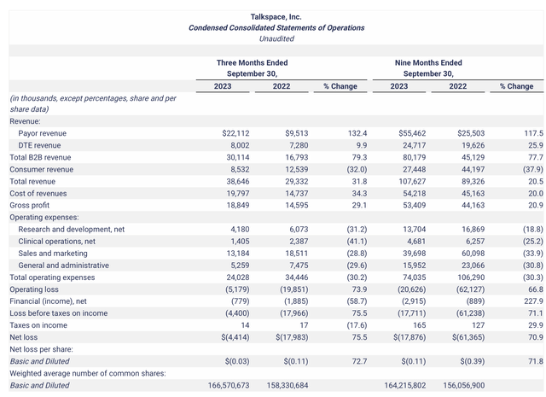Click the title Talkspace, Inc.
click(276, 16)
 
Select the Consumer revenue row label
click(41, 170)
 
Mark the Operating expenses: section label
click(44, 218)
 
